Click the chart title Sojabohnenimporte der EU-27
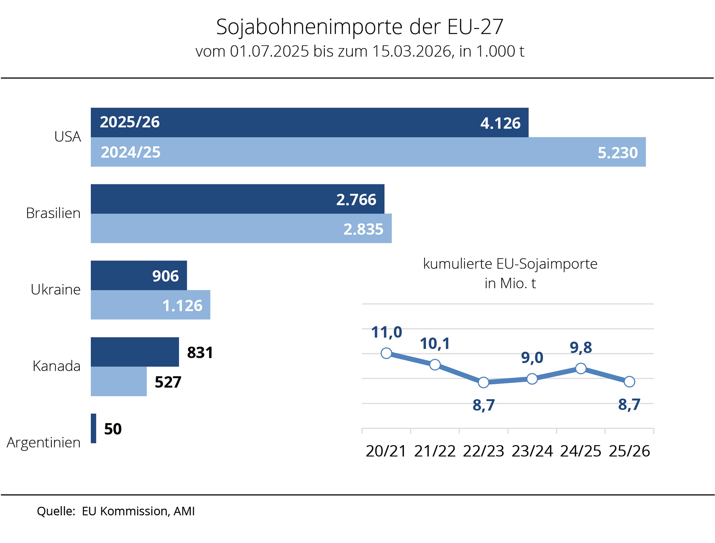point(360,27)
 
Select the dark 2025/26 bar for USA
point(309,122)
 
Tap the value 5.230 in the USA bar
point(618,153)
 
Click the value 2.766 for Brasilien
point(356,200)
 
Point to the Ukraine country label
point(56,290)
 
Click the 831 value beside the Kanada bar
point(200,353)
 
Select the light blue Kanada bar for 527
point(119,381)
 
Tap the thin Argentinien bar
point(94,428)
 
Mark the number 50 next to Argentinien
point(113,429)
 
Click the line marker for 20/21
point(386,353)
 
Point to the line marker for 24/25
point(581,368)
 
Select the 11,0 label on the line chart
point(386,332)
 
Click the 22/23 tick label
point(484,451)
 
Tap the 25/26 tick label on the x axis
point(629,451)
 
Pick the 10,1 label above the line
point(435,344)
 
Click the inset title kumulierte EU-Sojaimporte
point(510,264)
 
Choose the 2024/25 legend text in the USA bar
point(131,152)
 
